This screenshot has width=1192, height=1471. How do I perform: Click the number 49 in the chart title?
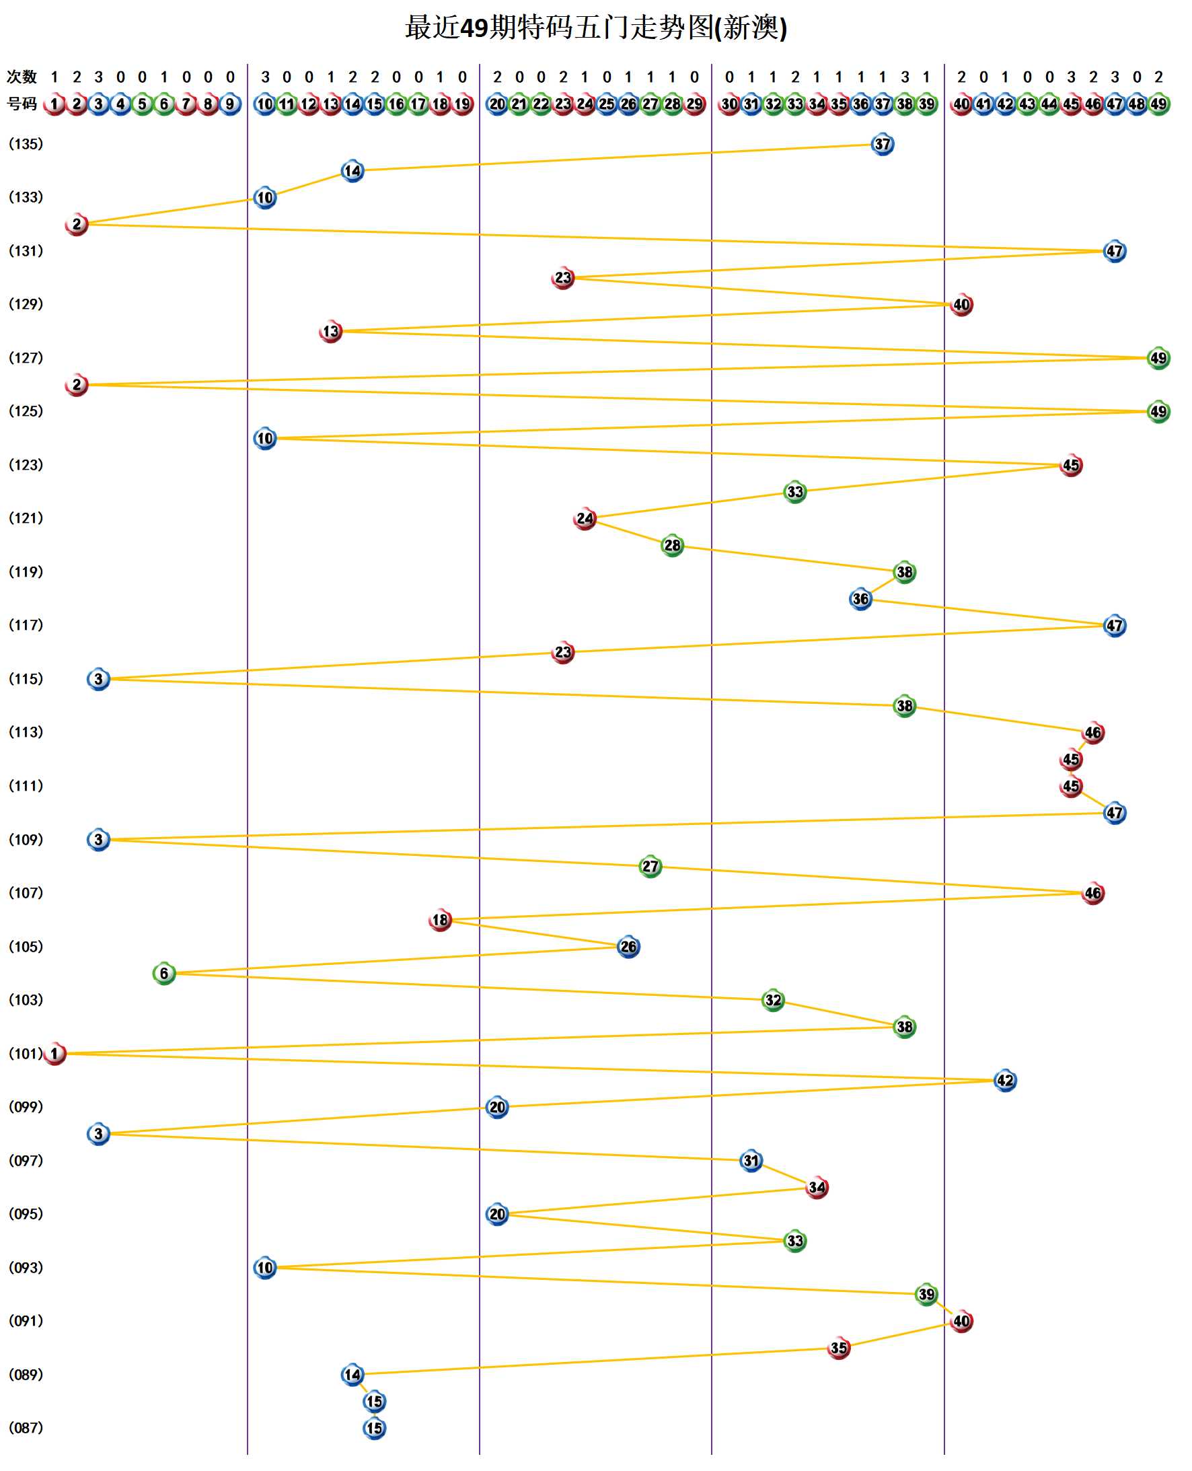click(473, 28)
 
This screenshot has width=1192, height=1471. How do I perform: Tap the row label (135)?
click(26, 144)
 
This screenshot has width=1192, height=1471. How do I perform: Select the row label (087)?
click(26, 1428)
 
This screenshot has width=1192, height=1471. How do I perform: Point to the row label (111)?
click(26, 785)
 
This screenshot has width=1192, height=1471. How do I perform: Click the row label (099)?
click(26, 1107)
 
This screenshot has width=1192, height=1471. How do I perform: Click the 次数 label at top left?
click(22, 77)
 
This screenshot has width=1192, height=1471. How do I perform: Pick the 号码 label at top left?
click(22, 104)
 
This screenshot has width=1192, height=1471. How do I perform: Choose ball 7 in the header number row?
click(186, 104)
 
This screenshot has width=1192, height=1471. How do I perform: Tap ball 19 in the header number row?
click(463, 104)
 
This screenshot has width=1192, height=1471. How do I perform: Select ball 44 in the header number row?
click(1049, 104)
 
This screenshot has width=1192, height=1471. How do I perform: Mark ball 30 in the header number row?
click(729, 104)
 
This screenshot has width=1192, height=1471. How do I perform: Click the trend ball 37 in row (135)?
click(883, 144)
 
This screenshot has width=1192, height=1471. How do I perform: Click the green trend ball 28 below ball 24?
click(672, 545)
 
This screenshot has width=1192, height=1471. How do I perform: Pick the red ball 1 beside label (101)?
click(55, 1054)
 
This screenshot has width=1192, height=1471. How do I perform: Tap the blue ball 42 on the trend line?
click(1005, 1080)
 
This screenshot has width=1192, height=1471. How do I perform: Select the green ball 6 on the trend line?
click(164, 973)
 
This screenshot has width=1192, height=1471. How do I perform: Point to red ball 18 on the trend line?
click(440, 920)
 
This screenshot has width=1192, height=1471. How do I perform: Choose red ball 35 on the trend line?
click(838, 1347)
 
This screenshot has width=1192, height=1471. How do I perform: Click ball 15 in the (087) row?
click(374, 1428)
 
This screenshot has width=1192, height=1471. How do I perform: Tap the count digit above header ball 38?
click(905, 77)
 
